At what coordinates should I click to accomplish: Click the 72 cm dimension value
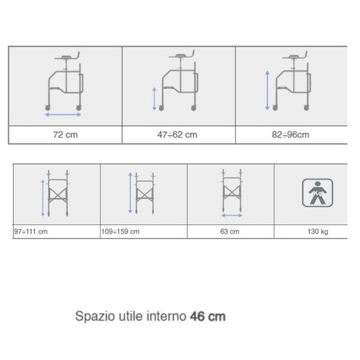coord(66,135)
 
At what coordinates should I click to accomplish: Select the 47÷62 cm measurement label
coord(177,135)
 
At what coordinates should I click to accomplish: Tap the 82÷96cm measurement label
coord(290,135)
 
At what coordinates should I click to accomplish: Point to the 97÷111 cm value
coord(31,232)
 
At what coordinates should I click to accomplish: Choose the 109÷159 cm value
coord(120,232)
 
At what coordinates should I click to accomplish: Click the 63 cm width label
coord(230,232)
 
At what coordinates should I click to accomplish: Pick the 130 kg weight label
coord(317,232)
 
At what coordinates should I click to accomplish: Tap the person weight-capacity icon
coord(317,193)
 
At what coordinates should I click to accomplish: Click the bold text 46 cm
coord(208,316)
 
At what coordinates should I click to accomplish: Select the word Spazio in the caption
coord(95,317)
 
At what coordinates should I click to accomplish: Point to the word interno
coord(166,316)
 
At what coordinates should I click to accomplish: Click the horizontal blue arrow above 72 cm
coord(63,115)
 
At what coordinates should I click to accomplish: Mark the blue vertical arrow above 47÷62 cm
coord(155,99)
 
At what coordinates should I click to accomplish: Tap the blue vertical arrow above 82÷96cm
coord(267,91)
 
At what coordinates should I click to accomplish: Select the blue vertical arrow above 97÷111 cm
coord(43,198)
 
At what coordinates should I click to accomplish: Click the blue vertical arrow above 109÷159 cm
coord(130,193)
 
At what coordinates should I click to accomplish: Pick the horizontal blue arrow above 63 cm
coord(232,215)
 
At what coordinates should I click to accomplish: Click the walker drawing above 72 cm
coord(65,81)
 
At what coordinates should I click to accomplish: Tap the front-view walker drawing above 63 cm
coord(232,190)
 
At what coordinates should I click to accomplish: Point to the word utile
coord(131,316)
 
